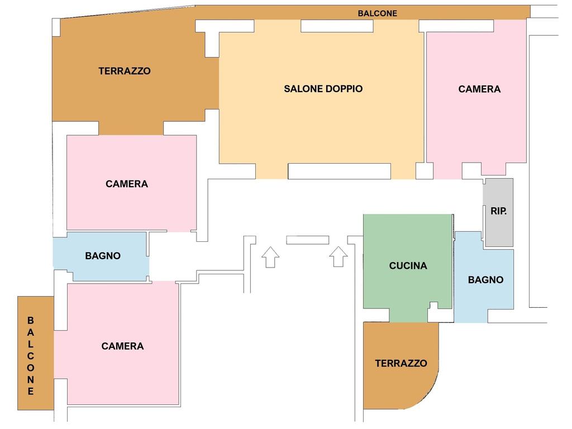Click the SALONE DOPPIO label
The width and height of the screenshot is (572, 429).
[323, 89]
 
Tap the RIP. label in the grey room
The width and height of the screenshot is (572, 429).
[498, 211]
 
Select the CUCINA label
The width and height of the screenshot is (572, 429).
[408, 265]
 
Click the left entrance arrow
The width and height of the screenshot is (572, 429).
[270, 257]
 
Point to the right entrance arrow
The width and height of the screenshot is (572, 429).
[338, 257]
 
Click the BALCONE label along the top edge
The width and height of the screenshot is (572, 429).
[377, 13]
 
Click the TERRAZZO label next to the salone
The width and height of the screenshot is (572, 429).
[125, 71]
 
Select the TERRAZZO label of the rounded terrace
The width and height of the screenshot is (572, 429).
[401, 363]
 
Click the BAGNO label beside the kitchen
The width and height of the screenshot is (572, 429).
[485, 280]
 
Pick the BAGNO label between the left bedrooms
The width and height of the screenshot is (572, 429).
[103, 256]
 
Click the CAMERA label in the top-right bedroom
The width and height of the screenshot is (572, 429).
[479, 89]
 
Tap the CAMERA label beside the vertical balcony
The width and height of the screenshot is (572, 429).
[122, 346]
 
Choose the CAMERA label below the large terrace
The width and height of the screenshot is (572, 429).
[127, 184]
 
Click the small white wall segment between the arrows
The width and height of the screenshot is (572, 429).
[308, 240]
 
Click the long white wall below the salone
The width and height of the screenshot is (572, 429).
[339, 171]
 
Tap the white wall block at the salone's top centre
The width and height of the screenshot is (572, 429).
[337, 26]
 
